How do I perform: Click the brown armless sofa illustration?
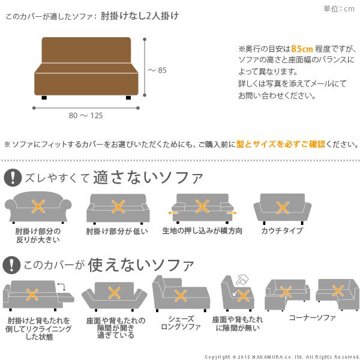87,67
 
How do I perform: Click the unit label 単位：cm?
339,8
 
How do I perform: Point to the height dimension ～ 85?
157,70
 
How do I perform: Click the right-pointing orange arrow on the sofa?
232,212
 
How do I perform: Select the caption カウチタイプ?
282,231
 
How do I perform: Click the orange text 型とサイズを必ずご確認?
280,145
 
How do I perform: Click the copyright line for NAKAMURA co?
281,356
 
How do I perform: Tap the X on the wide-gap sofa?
112,292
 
